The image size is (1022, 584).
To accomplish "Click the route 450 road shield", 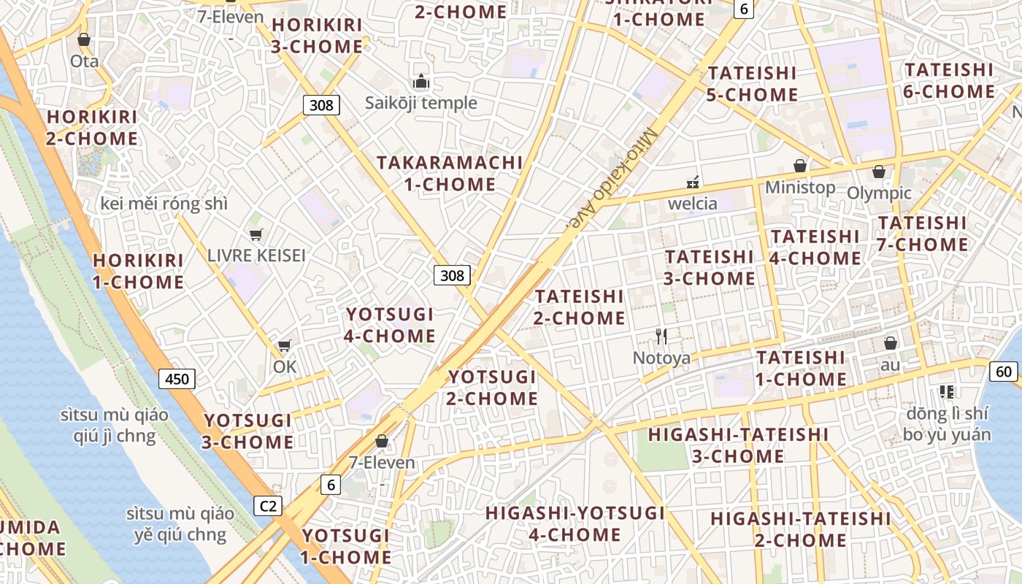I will point(177,378).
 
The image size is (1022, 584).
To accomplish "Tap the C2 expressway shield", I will point(269,505).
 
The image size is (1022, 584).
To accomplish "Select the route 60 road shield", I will point(1004,372).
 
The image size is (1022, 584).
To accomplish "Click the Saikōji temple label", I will point(420,103).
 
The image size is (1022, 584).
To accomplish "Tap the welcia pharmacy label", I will point(692,203).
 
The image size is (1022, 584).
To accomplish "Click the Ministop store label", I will point(800,187).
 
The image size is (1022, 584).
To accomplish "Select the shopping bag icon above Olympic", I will point(879,172).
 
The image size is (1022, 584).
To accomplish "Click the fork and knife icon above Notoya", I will point(661,336).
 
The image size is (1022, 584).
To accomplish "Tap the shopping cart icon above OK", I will point(284,345).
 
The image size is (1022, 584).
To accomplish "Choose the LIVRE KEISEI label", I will point(256,255).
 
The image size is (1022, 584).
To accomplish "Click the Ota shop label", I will point(84,61).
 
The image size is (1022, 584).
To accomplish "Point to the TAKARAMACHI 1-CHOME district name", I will point(450,173).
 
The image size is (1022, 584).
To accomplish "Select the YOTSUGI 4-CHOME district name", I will point(390,325).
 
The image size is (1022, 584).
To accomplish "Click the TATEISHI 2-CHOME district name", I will point(580,307).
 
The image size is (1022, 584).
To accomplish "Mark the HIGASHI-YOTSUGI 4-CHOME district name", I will point(575,523).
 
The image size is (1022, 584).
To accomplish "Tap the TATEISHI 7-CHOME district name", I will point(923,234).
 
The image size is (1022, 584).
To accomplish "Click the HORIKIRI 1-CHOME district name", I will point(138,271).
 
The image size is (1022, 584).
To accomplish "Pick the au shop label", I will point(891,364).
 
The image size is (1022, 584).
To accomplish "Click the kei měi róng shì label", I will point(164,204).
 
